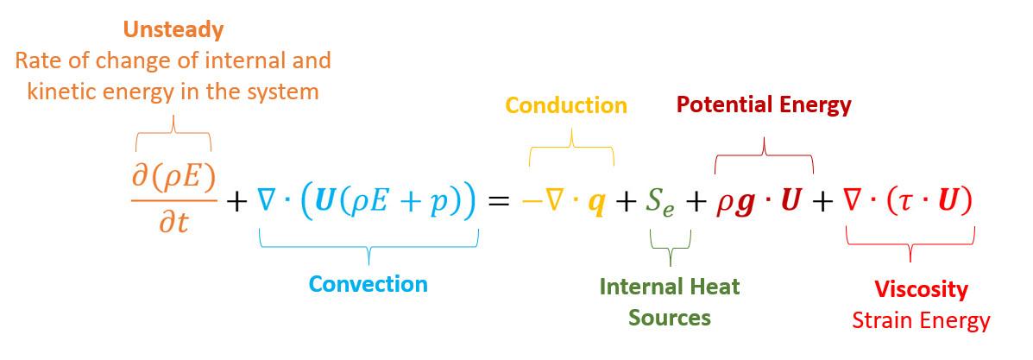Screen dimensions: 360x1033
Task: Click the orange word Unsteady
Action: pyautogui.click(x=173, y=29)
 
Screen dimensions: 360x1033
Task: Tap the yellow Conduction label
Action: pyautogui.click(x=566, y=105)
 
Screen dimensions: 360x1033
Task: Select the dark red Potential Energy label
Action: pyautogui.click(x=764, y=104)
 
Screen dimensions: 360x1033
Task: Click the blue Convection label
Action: pyautogui.click(x=368, y=283)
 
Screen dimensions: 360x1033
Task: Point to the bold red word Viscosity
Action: pyautogui.click(x=921, y=288)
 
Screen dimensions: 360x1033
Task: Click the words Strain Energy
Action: pyautogui.click(x=921, y=320)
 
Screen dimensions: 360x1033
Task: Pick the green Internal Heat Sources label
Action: pyautogui.click(x=670, y=300)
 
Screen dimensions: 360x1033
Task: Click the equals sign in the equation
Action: pyautogui.click(x=500, y=202)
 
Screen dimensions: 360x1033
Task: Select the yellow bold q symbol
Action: pyautogui.click(x=595, y=204)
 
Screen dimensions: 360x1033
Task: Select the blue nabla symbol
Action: pyautogui.click(x=267, y=201)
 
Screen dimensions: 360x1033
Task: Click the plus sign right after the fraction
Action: pyautogui.click(x=236, y=203)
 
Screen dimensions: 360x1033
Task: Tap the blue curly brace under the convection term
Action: pyautogui.click(x=368, y=250)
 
